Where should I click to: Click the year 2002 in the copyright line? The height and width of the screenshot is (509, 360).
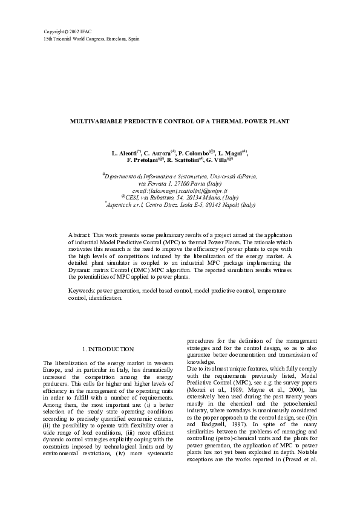(x=73, y=31)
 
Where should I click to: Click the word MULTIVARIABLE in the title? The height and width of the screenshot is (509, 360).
(x=98, y=122)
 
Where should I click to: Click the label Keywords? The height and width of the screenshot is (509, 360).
(x=82, y=291)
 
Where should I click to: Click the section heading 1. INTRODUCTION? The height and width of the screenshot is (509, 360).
(x=108, y=349)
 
